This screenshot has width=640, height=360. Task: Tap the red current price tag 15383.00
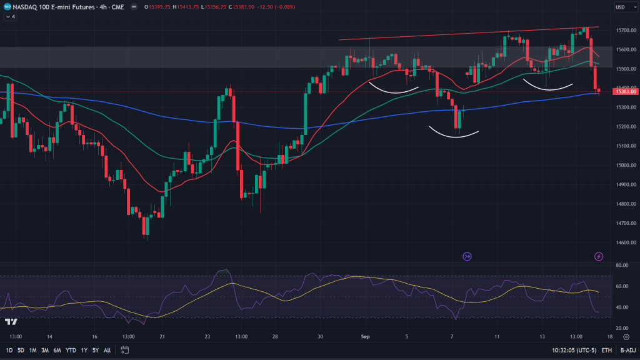(626, 92)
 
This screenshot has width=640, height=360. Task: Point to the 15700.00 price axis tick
(626, 30)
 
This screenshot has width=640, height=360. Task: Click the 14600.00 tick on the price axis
(626, 242)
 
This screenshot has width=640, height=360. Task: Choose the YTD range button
(70, 350)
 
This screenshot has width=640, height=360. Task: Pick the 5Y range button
(96, 350)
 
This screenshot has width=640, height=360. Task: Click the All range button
(107, 350)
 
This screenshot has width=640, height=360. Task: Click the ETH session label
(606, 350)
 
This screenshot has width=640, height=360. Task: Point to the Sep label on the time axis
(366, 336)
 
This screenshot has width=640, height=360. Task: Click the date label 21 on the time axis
(162, 336)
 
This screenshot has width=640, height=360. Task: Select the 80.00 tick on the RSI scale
(621, 266)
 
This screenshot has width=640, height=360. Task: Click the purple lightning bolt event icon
(599, 256)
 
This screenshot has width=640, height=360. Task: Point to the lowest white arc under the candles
(454, 133)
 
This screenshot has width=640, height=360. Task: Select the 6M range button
(57, 350)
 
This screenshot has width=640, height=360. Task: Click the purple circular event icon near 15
(467, 256)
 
